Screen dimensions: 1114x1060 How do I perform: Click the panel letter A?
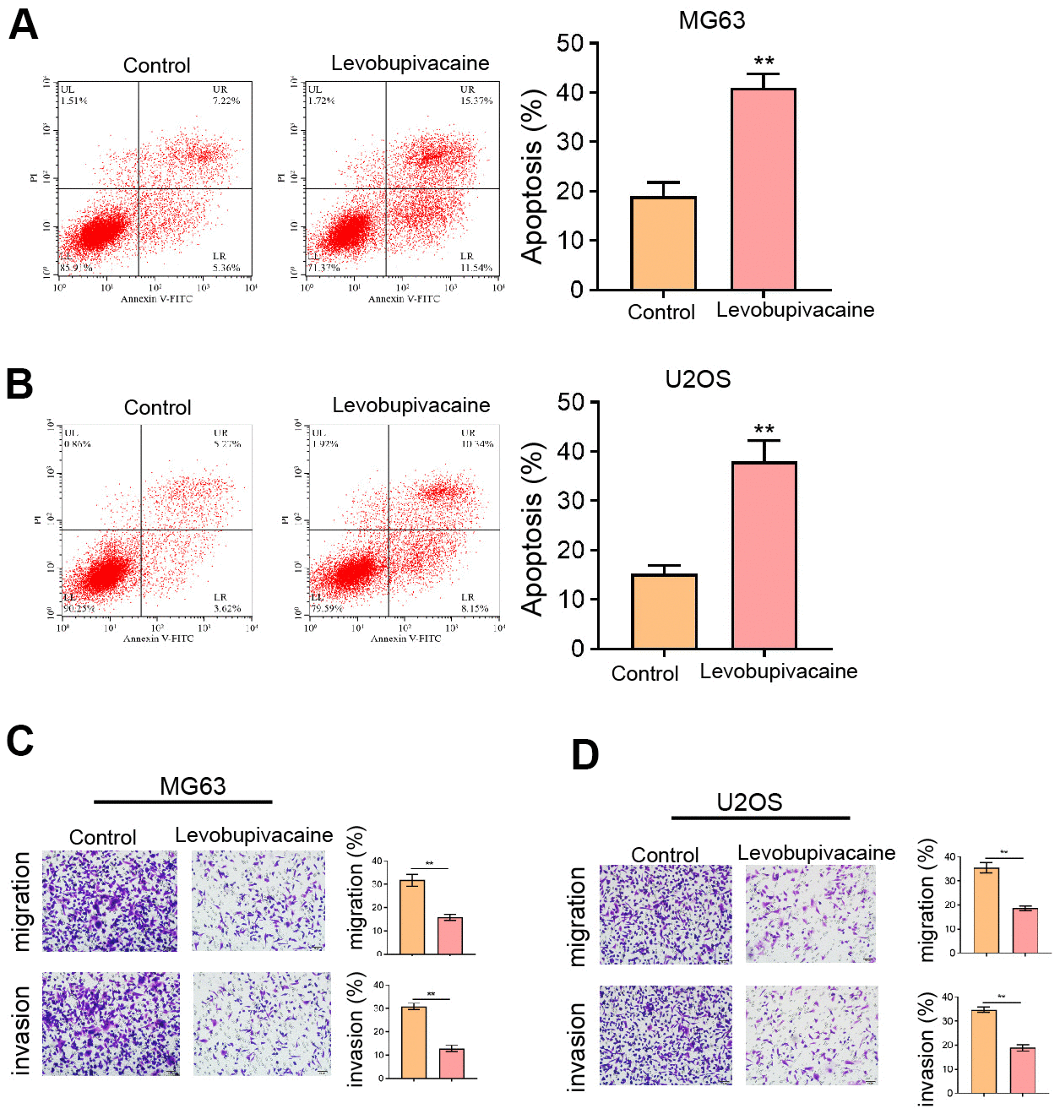point(23,24)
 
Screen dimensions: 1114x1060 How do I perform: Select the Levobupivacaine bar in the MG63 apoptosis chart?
point(763,189)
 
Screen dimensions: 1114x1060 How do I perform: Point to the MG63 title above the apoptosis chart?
point(711,20)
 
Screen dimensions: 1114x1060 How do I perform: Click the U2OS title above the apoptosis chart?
point(698,379)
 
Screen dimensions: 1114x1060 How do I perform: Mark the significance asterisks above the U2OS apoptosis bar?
point(764,429)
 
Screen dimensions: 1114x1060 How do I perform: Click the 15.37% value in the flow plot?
point(476,101)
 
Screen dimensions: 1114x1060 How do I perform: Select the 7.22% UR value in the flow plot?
point(226,101)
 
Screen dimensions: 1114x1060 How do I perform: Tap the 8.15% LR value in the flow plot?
point(474,608)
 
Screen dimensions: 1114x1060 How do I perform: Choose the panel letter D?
point(585,754)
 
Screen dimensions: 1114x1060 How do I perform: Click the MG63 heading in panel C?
point(193,786)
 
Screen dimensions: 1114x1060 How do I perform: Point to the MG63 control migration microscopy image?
point(110,901)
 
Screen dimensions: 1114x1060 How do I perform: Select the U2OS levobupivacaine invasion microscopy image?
point(811,1035)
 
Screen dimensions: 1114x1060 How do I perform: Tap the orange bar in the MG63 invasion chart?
point(414,1042)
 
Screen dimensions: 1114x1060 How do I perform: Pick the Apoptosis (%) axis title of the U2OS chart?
point(532,529)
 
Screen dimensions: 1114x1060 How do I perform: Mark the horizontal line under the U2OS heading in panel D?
point(760,818)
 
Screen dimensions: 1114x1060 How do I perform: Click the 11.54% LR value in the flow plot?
point(476,268)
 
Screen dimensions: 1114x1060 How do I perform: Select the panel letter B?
point(19,383)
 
